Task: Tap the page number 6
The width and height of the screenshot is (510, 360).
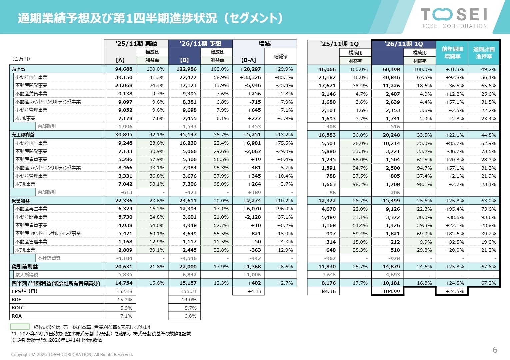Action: pos(495,350)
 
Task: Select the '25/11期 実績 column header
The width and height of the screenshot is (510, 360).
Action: pos(136,44)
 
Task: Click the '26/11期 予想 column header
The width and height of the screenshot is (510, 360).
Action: pos(200,44)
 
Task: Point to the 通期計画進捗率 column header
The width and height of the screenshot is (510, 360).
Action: pos(484,53)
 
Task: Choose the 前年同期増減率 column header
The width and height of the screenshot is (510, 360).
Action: pos(452,53)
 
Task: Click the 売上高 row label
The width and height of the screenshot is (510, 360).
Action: pos(18,69)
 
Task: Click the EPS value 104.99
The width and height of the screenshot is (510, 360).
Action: pos(391,291)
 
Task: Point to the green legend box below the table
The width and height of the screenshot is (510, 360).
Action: pos(20,327)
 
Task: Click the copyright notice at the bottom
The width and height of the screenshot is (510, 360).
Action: pos(72,354)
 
